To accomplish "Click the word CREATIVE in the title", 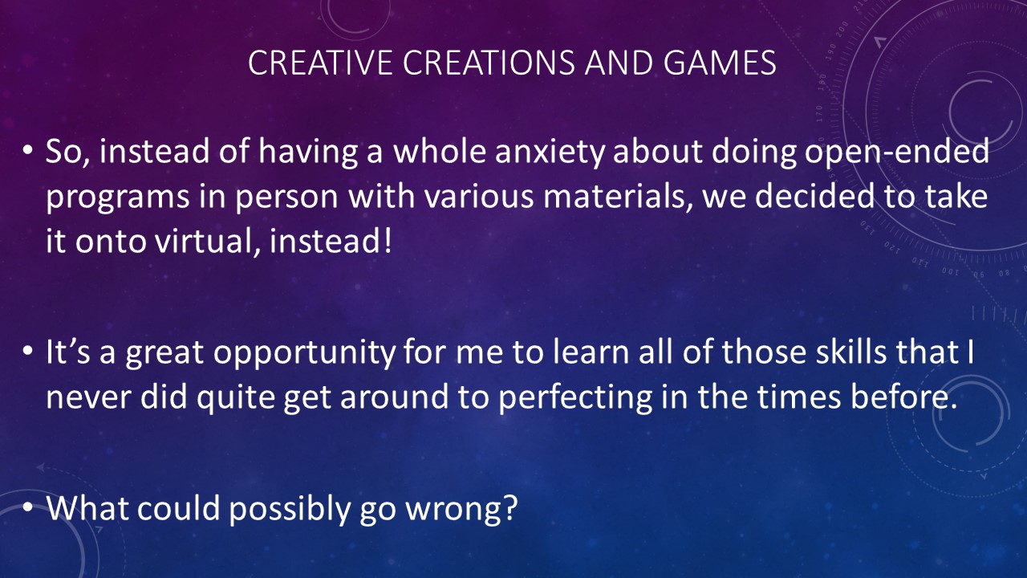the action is [319, 63].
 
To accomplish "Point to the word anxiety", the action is [550, 153].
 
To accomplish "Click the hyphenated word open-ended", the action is [897, 153].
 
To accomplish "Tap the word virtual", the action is [204, 242].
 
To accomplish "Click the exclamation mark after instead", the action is [388, 240].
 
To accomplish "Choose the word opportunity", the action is [304, 353].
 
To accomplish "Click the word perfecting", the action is [575, 398].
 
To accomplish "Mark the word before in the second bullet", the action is [904, 397].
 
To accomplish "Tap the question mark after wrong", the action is [510, 508].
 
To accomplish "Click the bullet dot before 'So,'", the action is [28, 151].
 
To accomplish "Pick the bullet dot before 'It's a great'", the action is [28, 352].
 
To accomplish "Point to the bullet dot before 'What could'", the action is [28, 507].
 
